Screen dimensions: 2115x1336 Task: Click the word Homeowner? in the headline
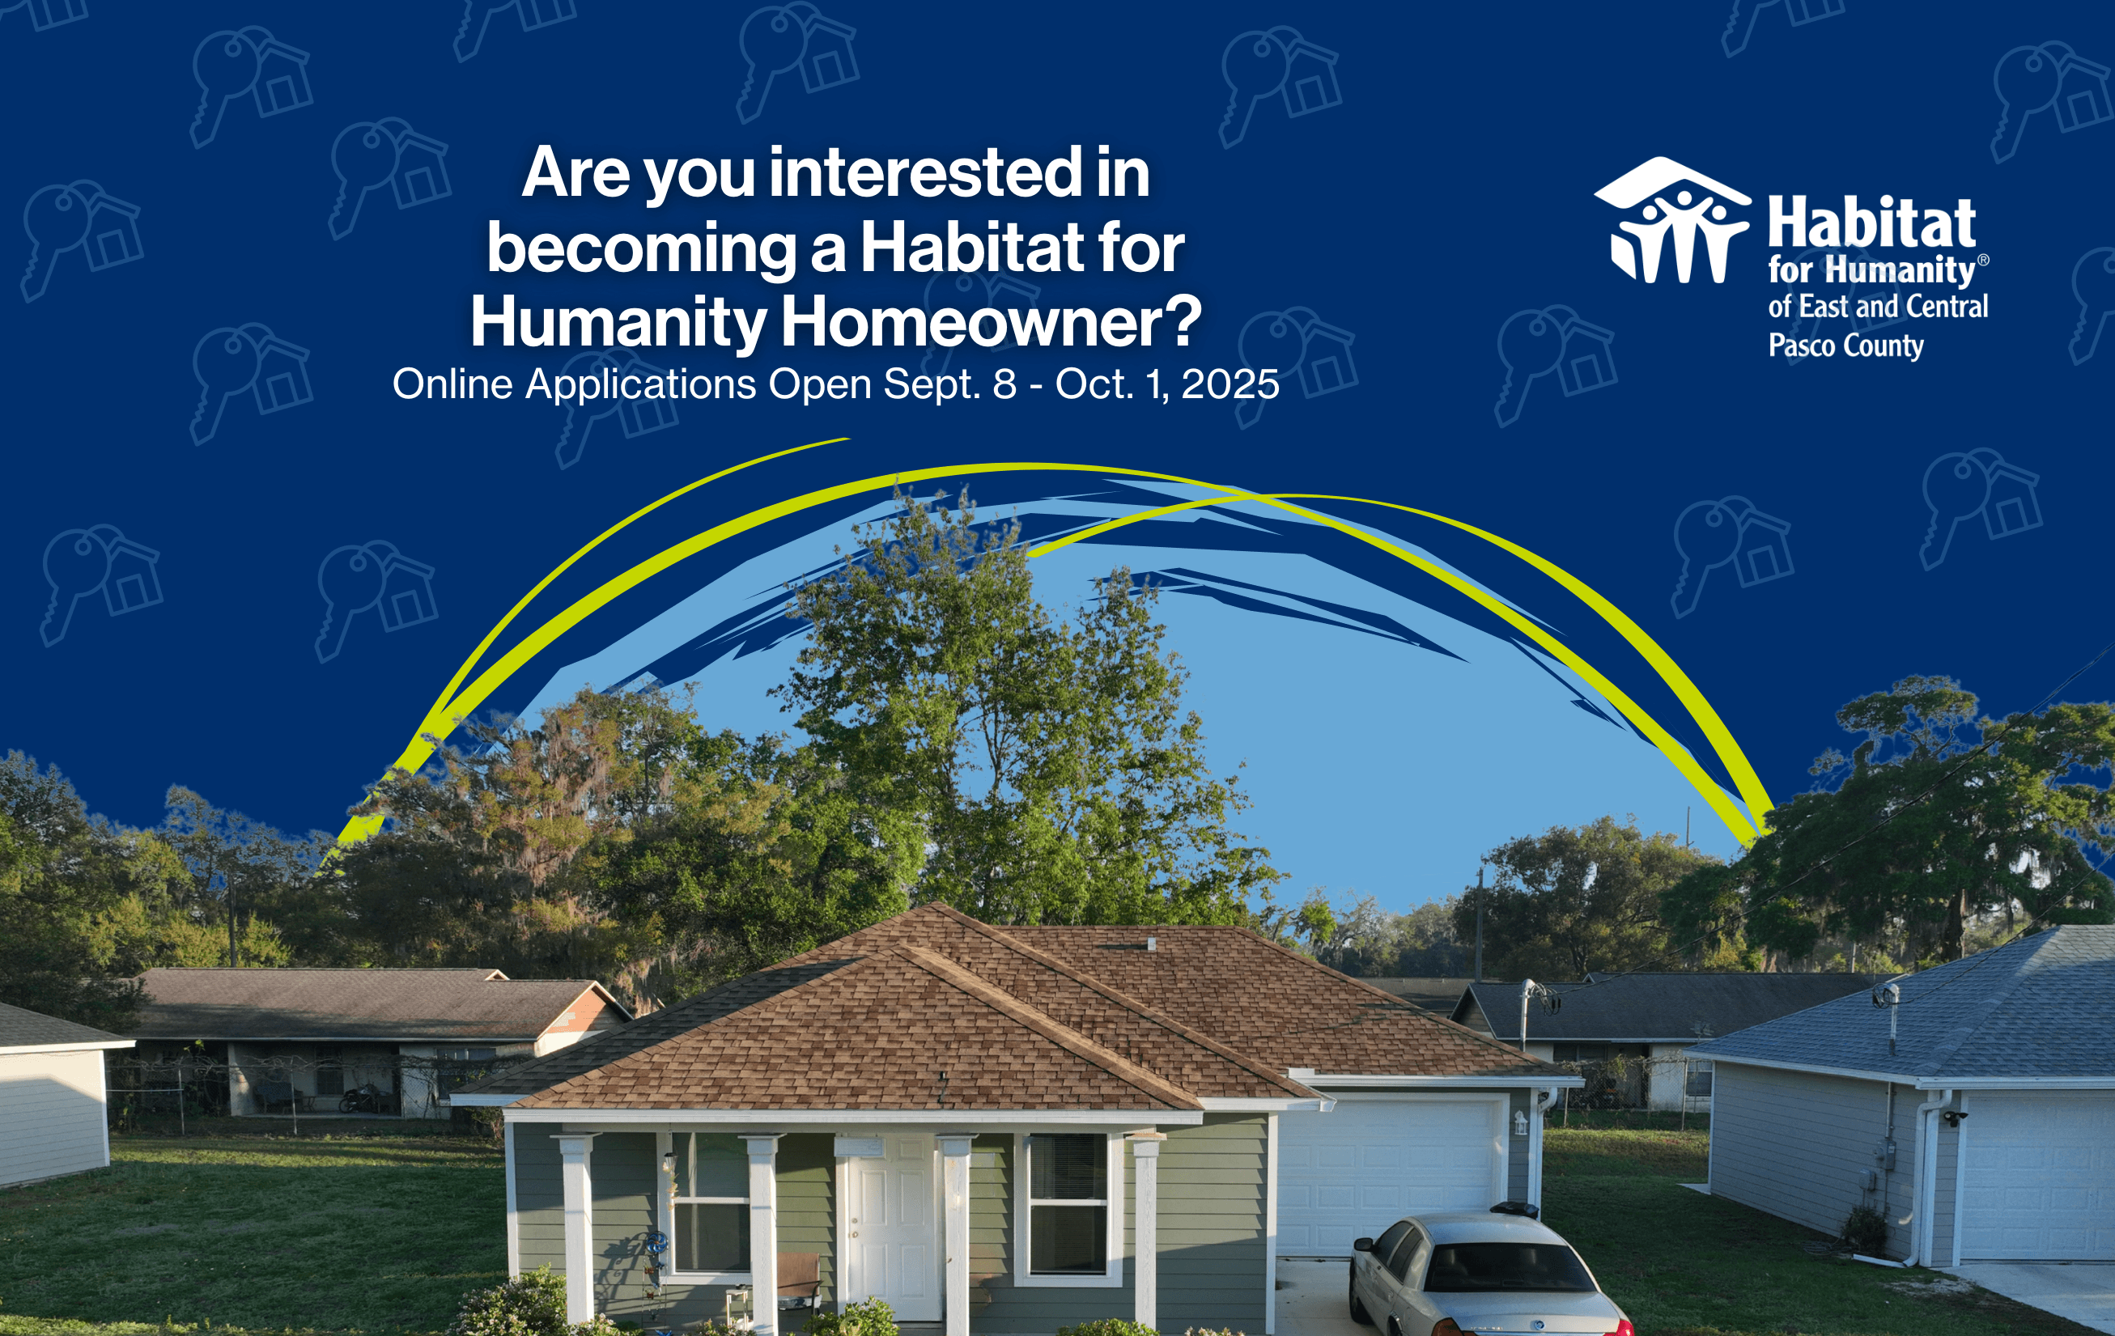tap(991, 321)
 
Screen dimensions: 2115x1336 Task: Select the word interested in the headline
tap(925, 173)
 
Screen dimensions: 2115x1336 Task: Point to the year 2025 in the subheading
tap(1230, 384)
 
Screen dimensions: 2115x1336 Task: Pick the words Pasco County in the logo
tap(1846, 346)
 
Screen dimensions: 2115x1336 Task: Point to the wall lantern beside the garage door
tap(1520, 1122)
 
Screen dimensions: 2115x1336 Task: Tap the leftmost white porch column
tap(576, 1230)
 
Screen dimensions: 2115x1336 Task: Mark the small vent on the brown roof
tap(1152, 944)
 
